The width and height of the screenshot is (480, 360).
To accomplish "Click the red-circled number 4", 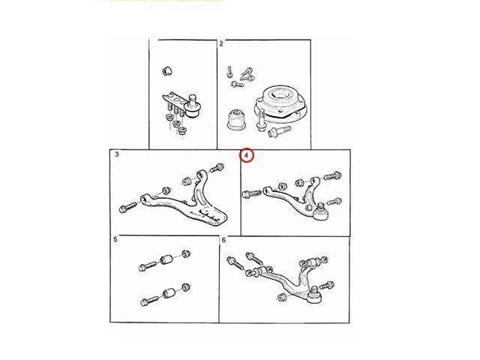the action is pyautogui.click(x=247, y=155).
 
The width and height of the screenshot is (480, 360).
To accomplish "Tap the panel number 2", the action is pyautogui.click(x=221, y=43).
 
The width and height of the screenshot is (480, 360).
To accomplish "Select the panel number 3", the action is pyautogui.click(x=117, y=154).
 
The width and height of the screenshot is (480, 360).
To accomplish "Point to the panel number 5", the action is pyautogui.click(x=115, y=239).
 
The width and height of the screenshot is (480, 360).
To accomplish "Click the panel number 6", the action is pyautogui.click(x=223, y=240).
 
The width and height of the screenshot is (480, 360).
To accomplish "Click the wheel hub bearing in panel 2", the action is pyautogui.click(x=280, y=103).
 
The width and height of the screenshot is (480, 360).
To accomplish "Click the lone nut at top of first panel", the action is pyautogui.click(x=166, y=70).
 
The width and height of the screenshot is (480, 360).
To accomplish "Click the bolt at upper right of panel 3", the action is pyautogui.click(x=217, y=168).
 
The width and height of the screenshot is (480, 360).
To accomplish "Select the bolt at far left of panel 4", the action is pyautogui.click(x=252, y=194).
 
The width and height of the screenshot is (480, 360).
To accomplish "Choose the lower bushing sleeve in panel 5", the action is pyautogui.click(x=168, y=293).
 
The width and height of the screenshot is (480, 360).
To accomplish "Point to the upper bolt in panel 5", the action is pyautogui.click(x=148, y=265).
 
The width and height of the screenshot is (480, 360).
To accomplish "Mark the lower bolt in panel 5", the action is pyautogui.click(x=150, y=301).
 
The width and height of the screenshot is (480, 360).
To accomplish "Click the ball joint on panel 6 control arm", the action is pyautogui.click(x=314, y=295).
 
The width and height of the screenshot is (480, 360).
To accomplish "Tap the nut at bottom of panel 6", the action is pyautogui.click(x=282, y=297).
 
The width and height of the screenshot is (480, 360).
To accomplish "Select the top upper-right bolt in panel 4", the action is pyautogui.click(x=332, y=176).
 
